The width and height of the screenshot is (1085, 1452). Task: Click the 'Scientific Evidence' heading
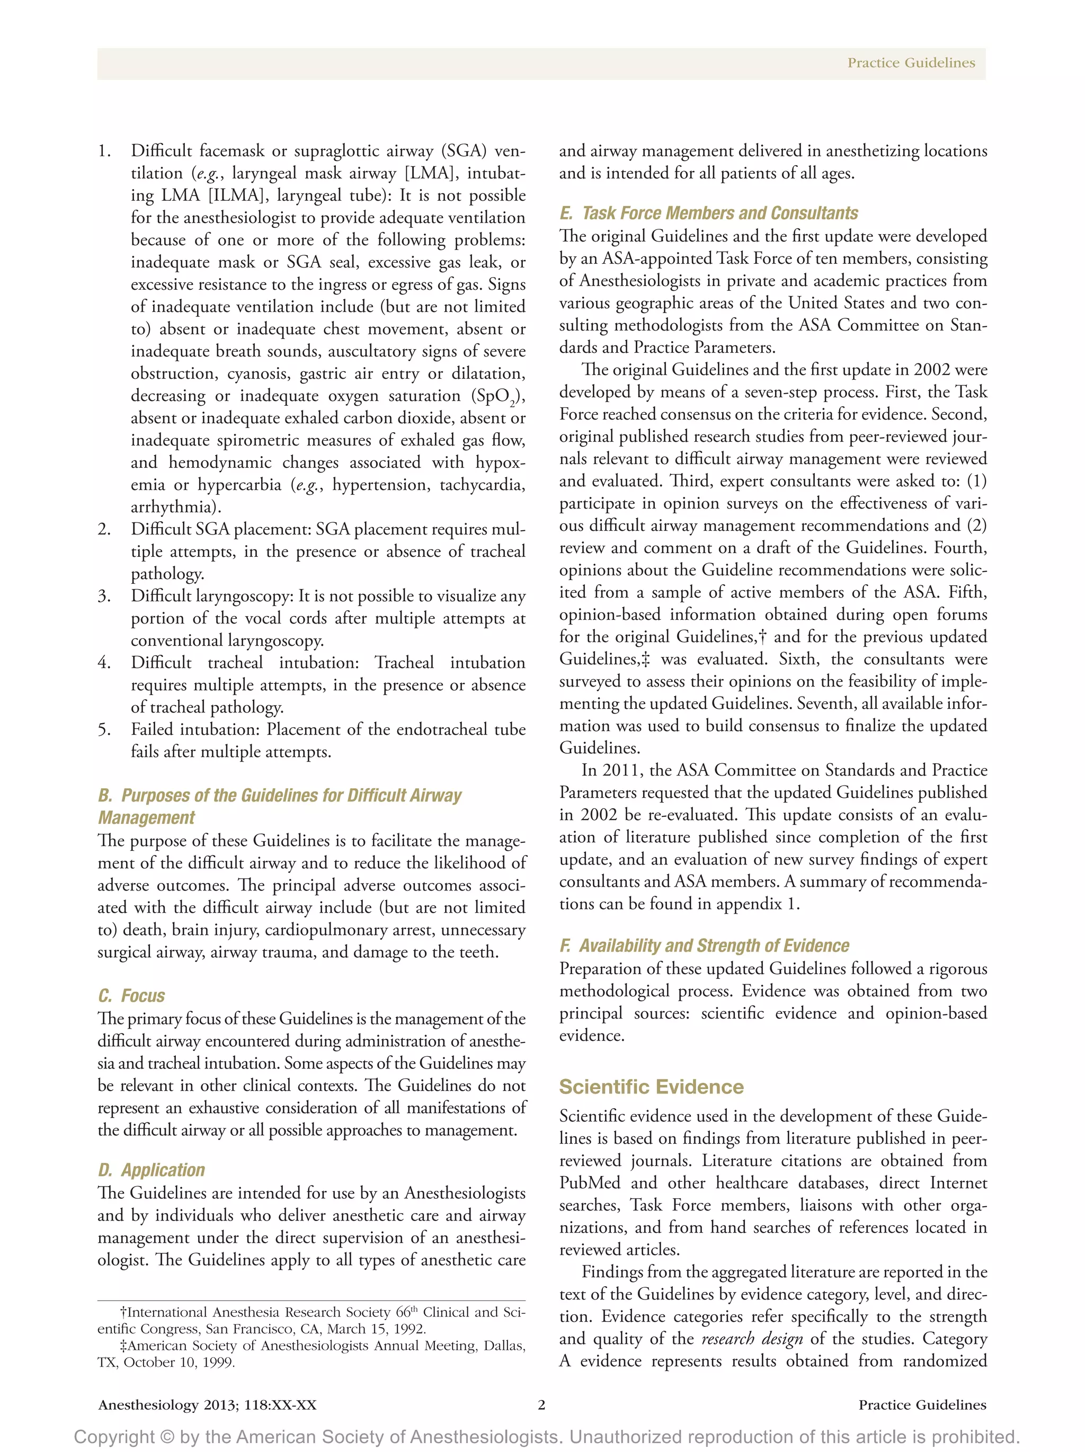(x=651, y=1086)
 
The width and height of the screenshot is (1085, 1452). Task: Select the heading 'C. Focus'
(x=131, y=995)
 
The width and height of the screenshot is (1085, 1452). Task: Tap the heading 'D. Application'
(x=151, y=1170)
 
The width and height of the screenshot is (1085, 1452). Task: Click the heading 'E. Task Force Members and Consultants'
(x=708, y=213)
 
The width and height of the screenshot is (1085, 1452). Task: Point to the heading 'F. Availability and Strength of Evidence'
(x=704, y=945)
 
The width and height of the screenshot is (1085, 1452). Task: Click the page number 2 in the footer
(x=541, y=1405)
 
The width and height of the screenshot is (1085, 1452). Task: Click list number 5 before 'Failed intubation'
(x=104, y=729)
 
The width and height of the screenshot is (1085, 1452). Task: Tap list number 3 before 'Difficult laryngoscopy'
(x=104, y=596)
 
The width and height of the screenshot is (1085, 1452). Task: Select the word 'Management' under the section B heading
(x=146, y=818)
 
